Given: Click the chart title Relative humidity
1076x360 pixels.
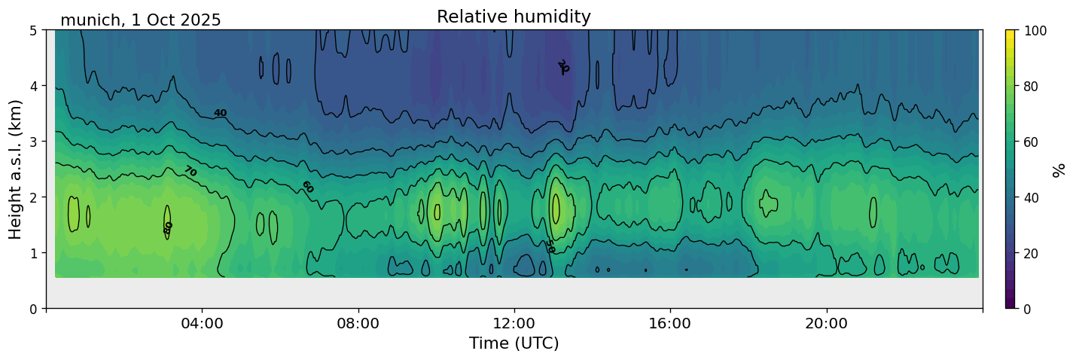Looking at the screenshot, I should [x=514, y=17].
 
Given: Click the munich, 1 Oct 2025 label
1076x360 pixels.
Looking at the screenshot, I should [x=141, y=20].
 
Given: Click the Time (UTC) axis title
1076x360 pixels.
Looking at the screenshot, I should [x=514, y=343].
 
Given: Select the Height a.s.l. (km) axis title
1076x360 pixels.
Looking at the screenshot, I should [x=16, y=169].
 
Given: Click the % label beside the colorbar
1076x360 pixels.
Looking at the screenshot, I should [x=1059, y=169].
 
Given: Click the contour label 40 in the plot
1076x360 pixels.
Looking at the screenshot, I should [x=220, y=113].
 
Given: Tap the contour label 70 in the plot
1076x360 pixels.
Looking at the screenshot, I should [x=190, y=172].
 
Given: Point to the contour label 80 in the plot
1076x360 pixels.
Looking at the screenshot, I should [x=168, y=227].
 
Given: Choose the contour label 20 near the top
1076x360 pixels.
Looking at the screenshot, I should [x=562, y=67].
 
